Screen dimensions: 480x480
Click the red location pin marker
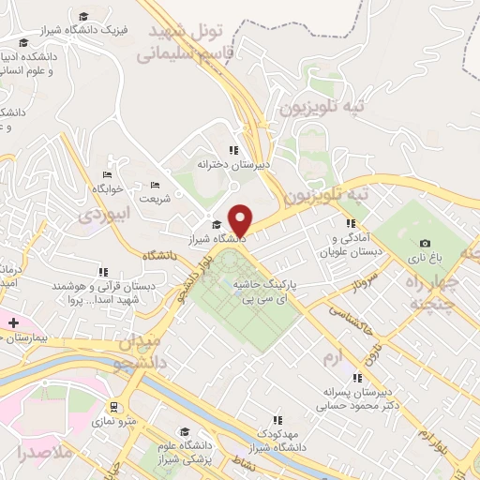pos(241,219)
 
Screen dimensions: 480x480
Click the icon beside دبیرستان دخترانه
pos(233,150)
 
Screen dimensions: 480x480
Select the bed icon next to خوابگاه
pos(108,174)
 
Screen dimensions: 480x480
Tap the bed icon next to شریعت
pos(155,185)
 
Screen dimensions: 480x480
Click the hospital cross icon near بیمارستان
pos(13,322)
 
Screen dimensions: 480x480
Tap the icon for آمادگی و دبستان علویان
pos(350,224)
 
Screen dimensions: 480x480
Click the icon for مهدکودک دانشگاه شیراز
pos(276,419)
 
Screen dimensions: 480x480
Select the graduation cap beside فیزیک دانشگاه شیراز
pos(84,17)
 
